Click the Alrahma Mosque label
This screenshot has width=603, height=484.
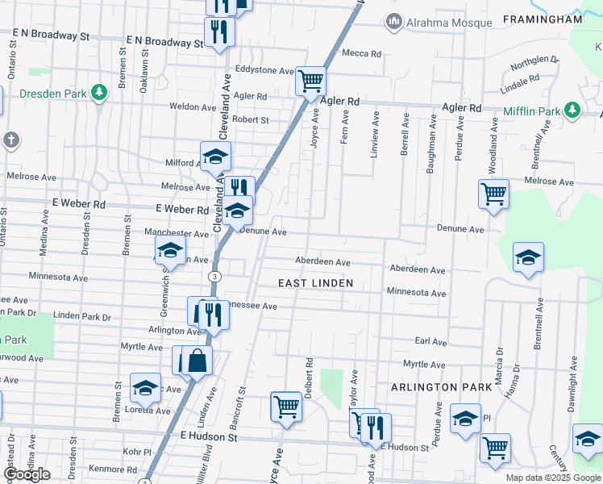click(x=449, y=22)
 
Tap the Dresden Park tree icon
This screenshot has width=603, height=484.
click(x=99, y=93)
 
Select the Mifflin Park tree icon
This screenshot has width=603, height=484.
click(x=572, y=110)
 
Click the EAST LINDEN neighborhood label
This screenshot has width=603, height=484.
click(x=315, y=283)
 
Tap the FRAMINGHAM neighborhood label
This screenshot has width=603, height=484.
click(x=542, y=18)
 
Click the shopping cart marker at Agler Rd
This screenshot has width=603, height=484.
click(x=310, y=81)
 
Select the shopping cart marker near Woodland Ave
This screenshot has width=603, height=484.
click(x=493, y=194)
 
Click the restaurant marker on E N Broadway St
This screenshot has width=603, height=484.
click(x=218, y=32)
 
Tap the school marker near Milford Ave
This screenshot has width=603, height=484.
click(x=215, y=156)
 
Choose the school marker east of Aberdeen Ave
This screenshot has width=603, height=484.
click(x=528, y=257)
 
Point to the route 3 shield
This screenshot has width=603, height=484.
click(x=214, y=277)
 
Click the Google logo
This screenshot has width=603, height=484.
click(x=26, y=474)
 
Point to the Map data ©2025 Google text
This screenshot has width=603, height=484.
click(x=553, y=478)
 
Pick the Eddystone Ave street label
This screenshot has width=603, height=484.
click(x=264, y=71)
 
